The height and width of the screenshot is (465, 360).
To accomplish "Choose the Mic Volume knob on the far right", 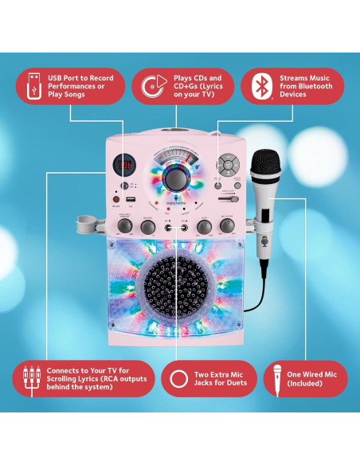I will (227, 226).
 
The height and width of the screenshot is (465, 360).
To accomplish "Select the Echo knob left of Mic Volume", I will (205, 226).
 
